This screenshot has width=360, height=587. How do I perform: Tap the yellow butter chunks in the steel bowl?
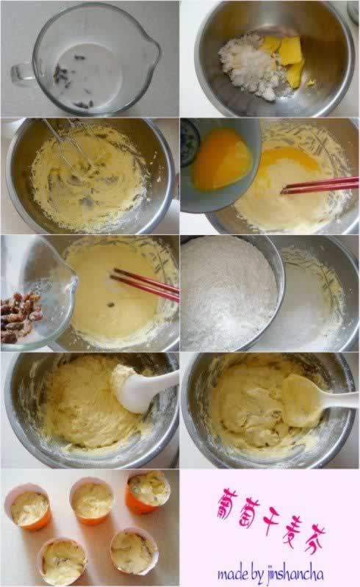287,58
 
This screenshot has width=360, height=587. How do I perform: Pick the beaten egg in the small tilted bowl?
222,159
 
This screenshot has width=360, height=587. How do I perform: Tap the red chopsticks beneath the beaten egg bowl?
320,185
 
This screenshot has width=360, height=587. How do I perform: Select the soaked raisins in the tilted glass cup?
21,317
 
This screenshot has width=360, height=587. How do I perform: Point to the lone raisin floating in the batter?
111,305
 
